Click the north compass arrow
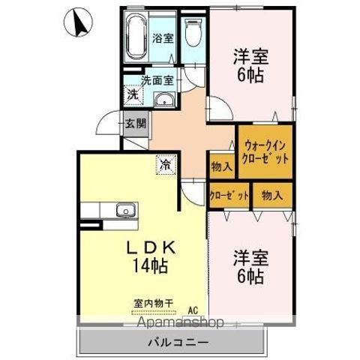click(x=78, y=22)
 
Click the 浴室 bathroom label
click(x=163, y=37)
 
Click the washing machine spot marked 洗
click(x=132, y=94)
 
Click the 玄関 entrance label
click(x=136, y=125)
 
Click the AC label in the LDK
click(x=193, y=309)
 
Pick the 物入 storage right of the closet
click(x=271, y=195)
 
